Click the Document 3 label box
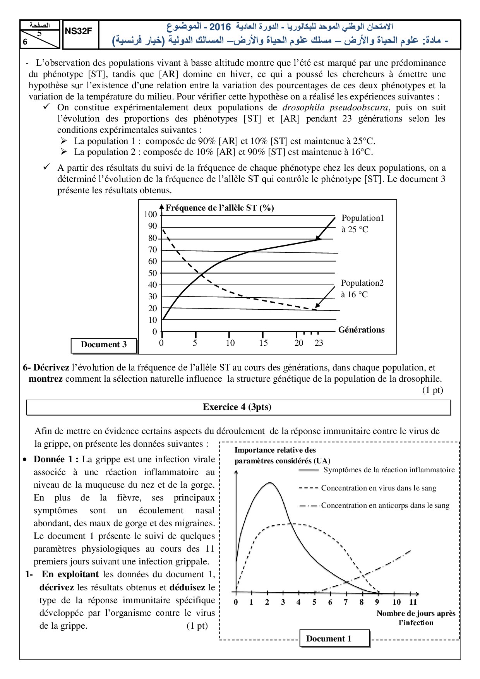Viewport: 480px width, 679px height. click(104, 345)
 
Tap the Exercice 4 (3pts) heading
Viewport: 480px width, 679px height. click(237, 407)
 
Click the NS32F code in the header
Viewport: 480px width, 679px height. click(79, 31)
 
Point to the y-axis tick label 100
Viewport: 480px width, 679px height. click(151, 214)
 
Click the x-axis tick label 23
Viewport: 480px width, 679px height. click(319, 343)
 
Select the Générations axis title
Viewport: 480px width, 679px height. click(361, 330)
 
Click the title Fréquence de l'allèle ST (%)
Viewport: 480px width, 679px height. click(219, 208)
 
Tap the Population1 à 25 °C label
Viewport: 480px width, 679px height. click(362, 223)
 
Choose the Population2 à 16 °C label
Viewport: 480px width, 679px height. click(362, 288)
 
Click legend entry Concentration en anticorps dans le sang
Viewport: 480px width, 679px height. click(385, 506)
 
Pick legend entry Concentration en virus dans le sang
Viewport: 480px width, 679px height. click(378, 488)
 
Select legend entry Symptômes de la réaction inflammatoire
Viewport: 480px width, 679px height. click(389, 470)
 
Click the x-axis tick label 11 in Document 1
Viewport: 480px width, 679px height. click(413, 602)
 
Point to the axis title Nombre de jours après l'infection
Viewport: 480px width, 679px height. click(416, 618)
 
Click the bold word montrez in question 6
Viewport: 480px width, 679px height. click(46, 379)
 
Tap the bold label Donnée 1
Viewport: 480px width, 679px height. click(56, 459)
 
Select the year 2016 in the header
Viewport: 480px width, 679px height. click(220, 27)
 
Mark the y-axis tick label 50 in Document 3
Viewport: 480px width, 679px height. click(153, 273)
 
